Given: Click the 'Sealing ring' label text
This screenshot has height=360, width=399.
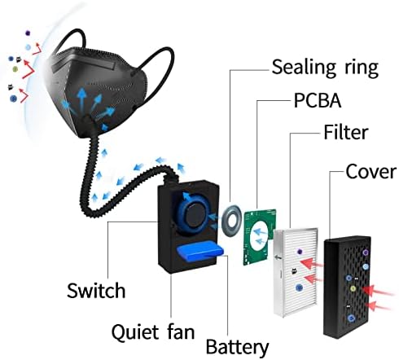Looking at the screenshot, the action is click(325, 68).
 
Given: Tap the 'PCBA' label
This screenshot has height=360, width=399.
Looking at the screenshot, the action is click(318, 101).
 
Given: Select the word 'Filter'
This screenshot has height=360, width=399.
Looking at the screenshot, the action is click(346, 132).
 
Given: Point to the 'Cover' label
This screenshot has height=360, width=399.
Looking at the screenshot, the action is click(371, 172).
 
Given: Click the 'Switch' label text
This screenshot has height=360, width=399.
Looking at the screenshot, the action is click(96, 291).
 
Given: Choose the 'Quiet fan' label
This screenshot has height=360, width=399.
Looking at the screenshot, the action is click(153, 331).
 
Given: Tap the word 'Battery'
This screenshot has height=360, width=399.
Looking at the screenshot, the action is click(237, 347).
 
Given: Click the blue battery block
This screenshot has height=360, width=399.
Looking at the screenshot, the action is click(199, 252).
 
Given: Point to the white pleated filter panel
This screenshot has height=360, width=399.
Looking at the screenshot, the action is click(295, 271).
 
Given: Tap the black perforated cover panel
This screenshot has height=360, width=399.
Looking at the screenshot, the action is click(347, 287).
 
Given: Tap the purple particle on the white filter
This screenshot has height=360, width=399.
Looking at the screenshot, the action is click(300, 252).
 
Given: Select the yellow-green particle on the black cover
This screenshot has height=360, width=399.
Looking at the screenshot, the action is click(353, 288).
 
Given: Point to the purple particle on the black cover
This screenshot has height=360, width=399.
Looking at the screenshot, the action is click(366, 252).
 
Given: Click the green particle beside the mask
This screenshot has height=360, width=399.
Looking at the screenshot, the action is click(15, 69).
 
